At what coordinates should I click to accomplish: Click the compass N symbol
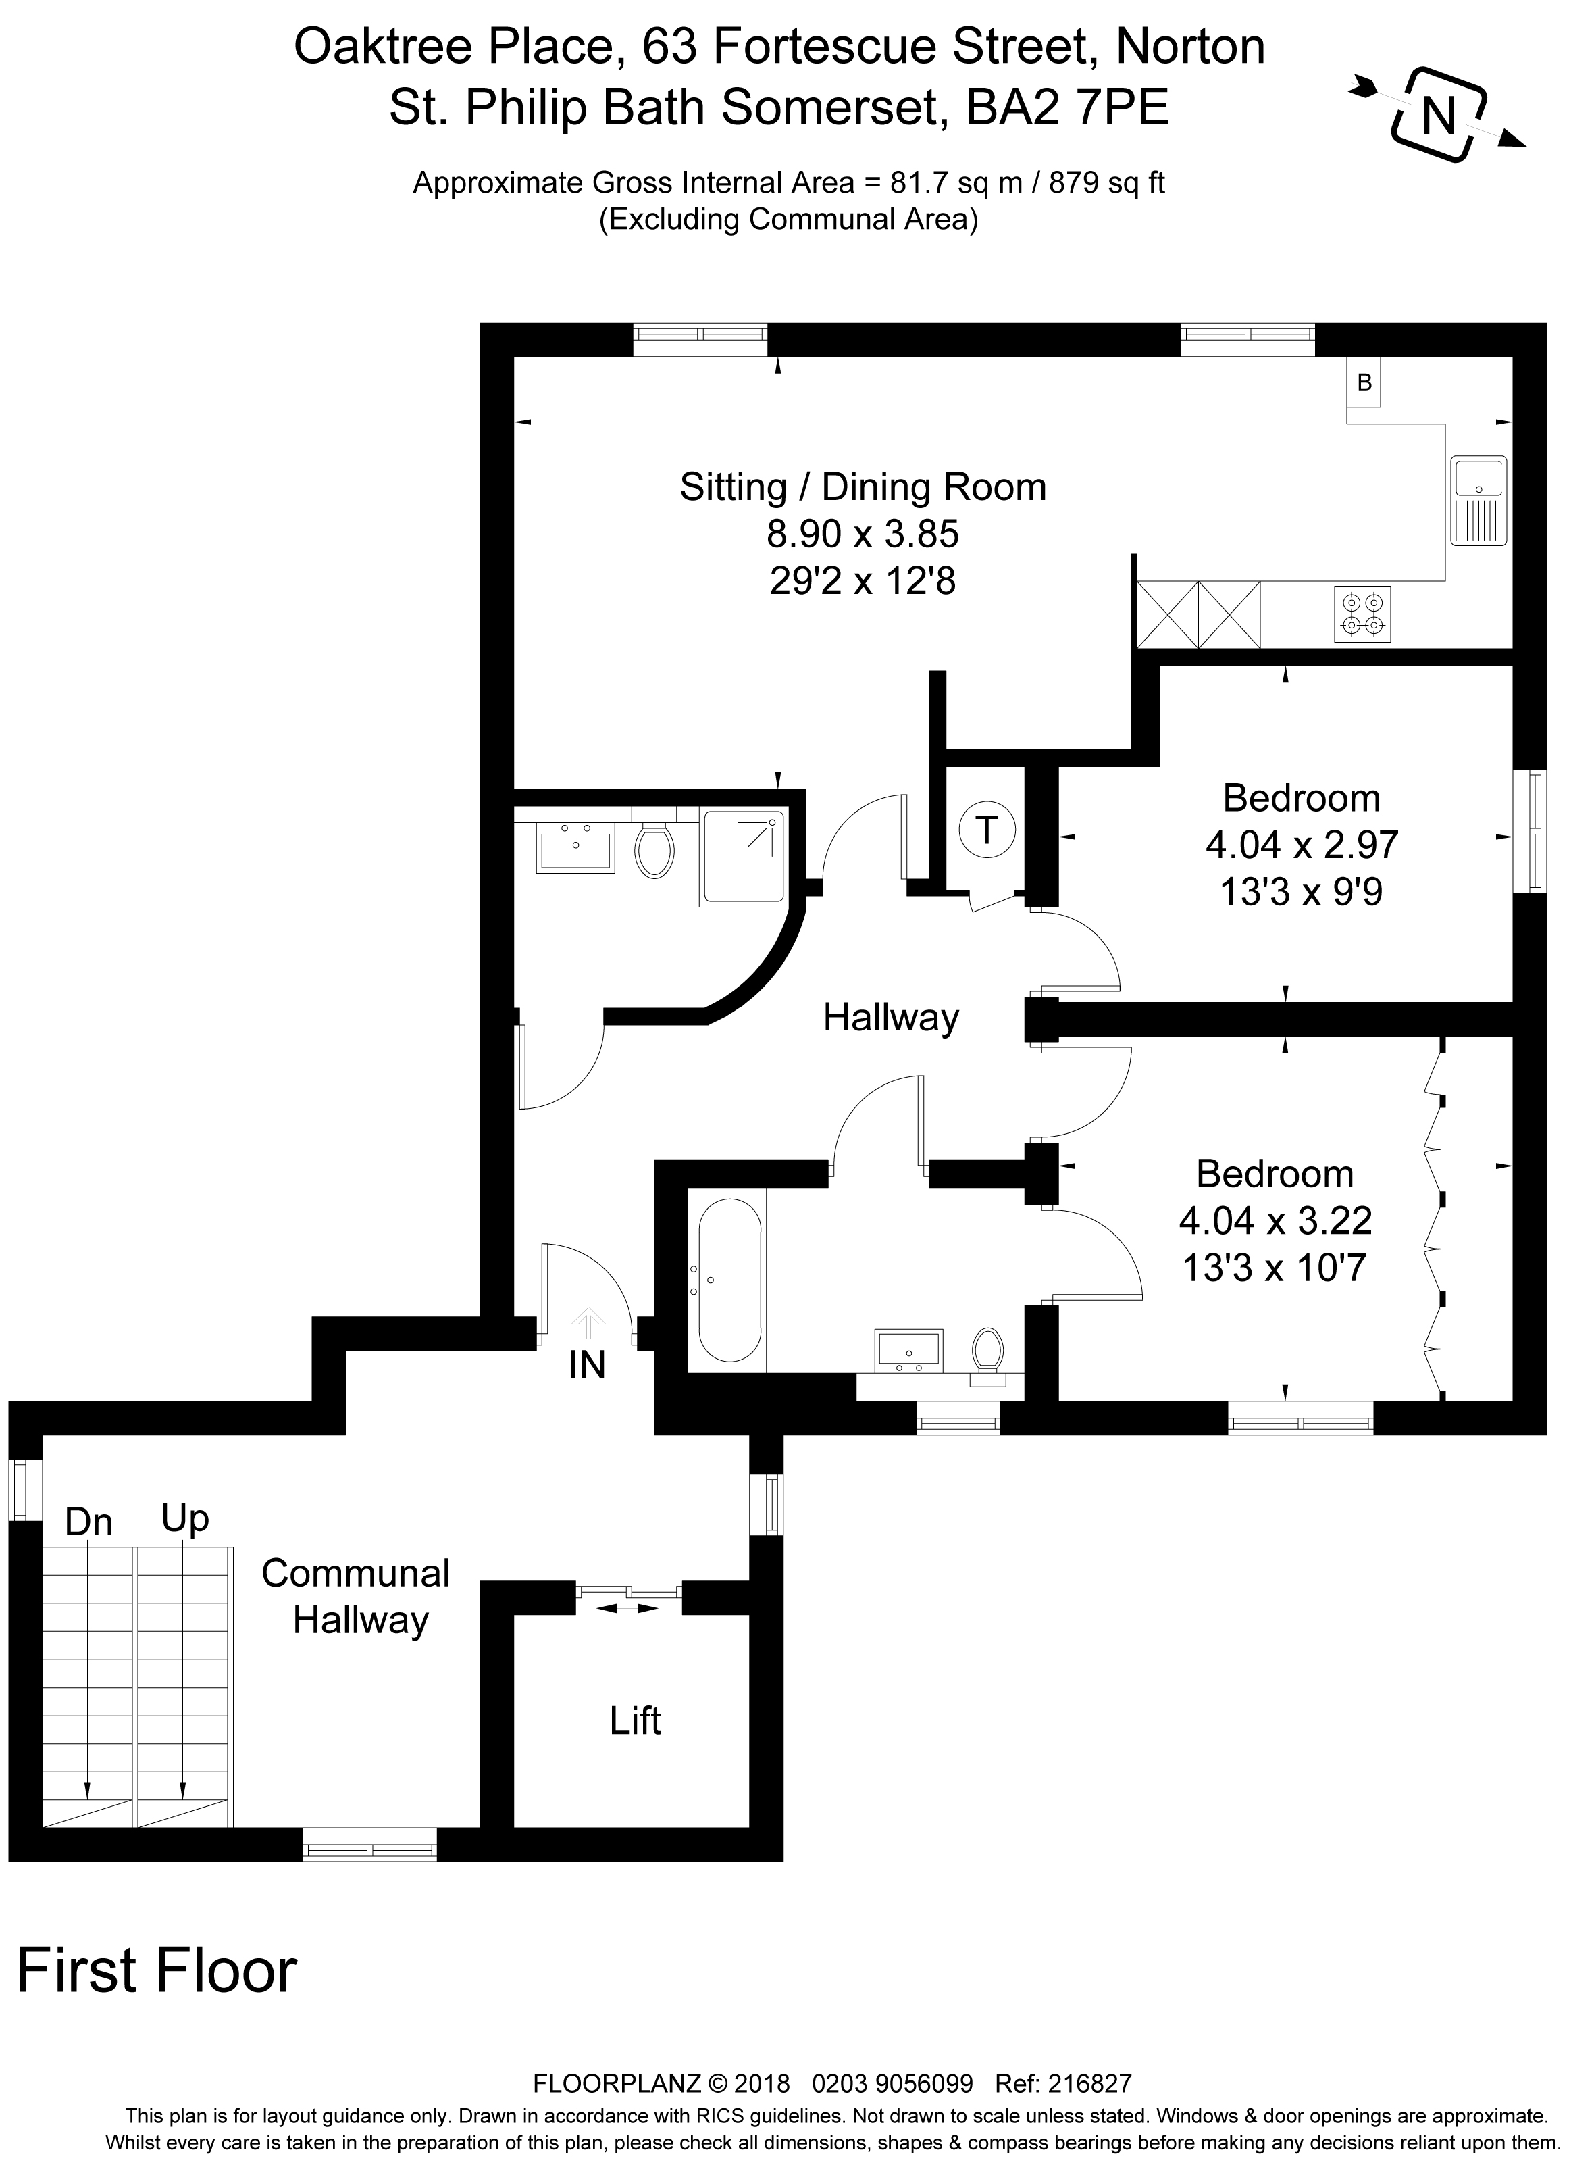1437,116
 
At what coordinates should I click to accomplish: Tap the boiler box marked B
1364,382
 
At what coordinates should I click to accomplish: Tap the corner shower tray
745,857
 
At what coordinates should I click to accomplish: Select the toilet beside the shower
654,850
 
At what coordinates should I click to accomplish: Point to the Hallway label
890,1018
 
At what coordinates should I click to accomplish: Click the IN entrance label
587,1366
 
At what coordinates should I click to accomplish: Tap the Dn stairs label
89,1522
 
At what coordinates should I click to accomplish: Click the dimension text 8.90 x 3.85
863,534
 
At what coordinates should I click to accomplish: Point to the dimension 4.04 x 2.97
1302,845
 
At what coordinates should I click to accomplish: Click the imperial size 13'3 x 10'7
1275,1268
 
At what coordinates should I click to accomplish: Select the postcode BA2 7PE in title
1068,108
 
